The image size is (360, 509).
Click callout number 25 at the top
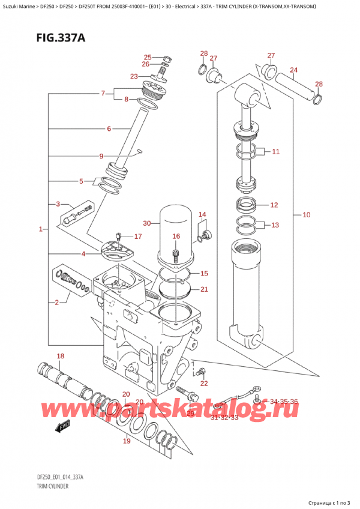point(147,57)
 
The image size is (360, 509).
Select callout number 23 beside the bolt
point(134,76)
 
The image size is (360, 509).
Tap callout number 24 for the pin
point(293,70)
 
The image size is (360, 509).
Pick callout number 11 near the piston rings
point(275,152)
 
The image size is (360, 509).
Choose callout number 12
point(274,205)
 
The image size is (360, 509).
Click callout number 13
point(275,226)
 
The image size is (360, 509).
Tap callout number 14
point(202,215)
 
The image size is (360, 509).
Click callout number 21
point(204,290)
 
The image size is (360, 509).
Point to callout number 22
point(204,383)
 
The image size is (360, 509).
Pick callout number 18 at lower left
point(59,357)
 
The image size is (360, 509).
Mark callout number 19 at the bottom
point(126,442)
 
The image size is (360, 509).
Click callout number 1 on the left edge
point(40,229)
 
